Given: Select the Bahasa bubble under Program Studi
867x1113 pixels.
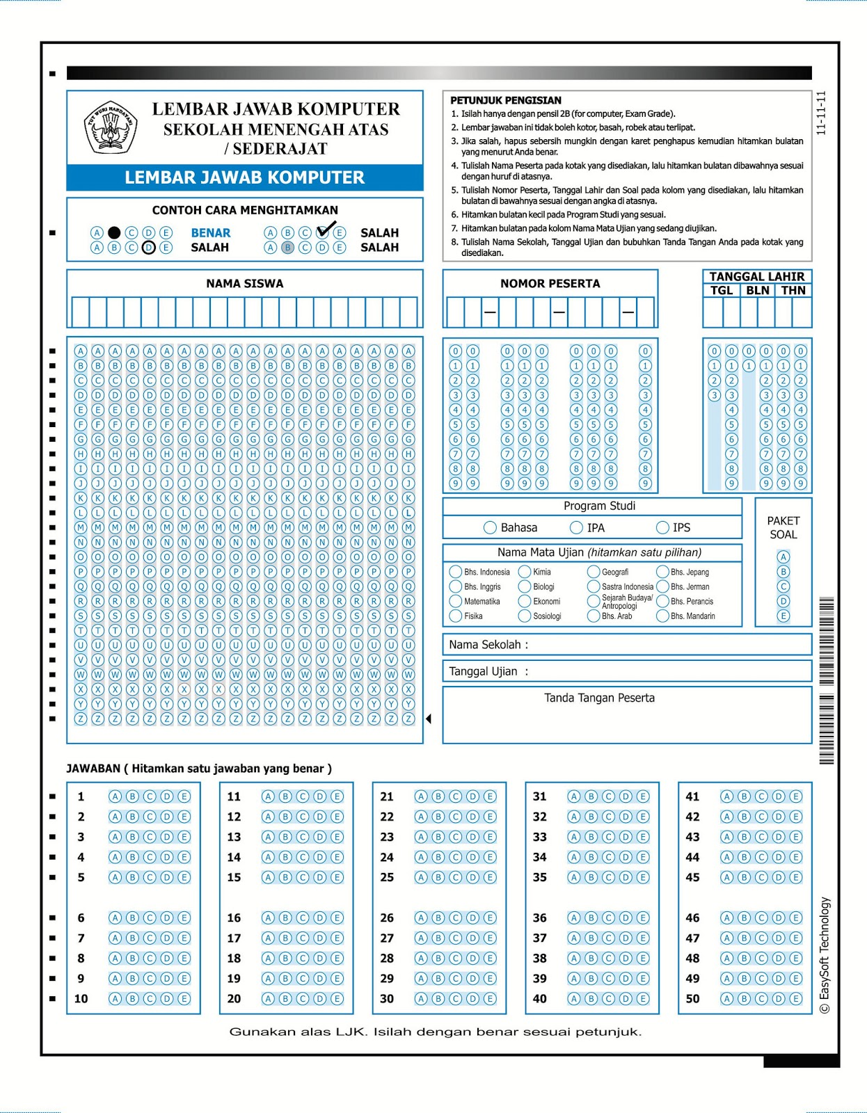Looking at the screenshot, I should [x=490, y=527].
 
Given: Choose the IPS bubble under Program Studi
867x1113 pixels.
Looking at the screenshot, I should [x=662, y=527].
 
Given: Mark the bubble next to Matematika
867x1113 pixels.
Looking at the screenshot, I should [x=456, y=601].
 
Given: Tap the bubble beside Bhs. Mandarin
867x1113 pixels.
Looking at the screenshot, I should [x=662, y=616].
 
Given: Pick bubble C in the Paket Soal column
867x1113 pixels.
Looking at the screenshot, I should [x=784, y=586].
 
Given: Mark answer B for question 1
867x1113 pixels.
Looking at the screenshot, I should [x=132, y=796].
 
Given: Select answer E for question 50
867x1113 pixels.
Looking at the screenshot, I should [x=796, y=998].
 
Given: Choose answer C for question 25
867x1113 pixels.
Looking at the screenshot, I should [x=455, y=877].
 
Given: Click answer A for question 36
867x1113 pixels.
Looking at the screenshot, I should [x=574, y=918].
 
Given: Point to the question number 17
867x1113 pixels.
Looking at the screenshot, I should [x=234, y=938].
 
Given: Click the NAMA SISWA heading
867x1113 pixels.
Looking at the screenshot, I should [x=244, y=283].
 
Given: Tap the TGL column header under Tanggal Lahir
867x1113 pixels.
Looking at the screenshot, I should [x=722, y=290].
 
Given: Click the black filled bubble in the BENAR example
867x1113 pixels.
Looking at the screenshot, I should [x=114, y=232].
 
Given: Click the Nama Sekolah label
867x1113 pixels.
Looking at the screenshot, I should [x=488, y=644].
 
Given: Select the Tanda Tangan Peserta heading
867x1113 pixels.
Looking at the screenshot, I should [x=599, y=698].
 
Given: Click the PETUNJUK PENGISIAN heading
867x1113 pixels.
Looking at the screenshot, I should [x=505, y=100].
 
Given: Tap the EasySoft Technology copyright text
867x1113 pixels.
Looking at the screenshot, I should [x=825, y=955].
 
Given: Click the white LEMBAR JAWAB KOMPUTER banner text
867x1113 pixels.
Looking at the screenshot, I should [x=244, y=177].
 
